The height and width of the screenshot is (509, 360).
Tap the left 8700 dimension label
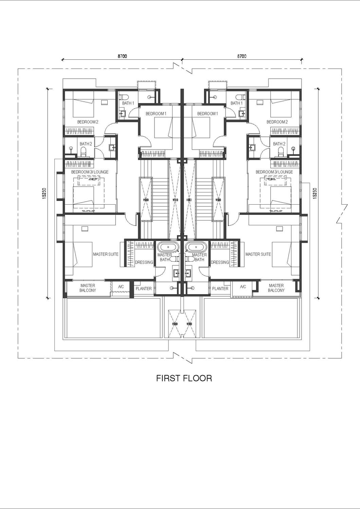point(122,56)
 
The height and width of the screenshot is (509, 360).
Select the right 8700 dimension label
point(242,56)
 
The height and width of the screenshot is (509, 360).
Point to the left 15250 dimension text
point(44,193)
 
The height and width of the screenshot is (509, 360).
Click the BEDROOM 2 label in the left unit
point(88,122)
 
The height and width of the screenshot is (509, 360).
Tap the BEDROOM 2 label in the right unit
point(277,122)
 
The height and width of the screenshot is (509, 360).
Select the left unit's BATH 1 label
point(128,103)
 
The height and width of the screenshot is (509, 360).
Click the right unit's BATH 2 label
point(279,144)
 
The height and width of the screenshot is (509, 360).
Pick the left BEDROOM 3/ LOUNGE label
point(90,172)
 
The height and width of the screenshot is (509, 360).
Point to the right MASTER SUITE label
point(258,254)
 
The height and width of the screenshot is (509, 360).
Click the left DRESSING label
point(144,262)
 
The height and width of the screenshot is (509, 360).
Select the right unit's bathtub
point(196,246)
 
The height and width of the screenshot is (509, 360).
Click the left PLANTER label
point(144,288)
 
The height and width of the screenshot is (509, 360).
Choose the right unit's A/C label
point(243,287)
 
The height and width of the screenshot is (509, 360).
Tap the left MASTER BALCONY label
point(88,288)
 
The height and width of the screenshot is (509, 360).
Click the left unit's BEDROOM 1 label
point(156,113)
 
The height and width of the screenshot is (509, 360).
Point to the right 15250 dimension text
point(315,193)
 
